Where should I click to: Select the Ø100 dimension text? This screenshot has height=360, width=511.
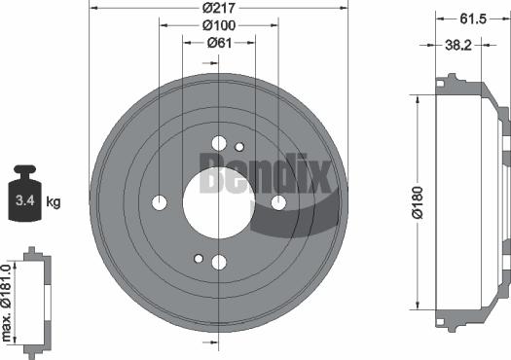coord(219,24)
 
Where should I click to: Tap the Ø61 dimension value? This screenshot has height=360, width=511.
coord(218,42)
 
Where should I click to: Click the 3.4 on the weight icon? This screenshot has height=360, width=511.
coord(22,203)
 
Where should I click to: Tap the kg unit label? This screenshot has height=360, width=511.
coord(54,202)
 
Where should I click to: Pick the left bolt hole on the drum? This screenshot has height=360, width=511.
coord(160,202)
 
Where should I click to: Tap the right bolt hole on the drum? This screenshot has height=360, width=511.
coord(278,202)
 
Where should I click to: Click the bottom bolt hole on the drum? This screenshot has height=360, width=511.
coord(219,261)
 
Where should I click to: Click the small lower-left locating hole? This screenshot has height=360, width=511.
coord(199,259)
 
